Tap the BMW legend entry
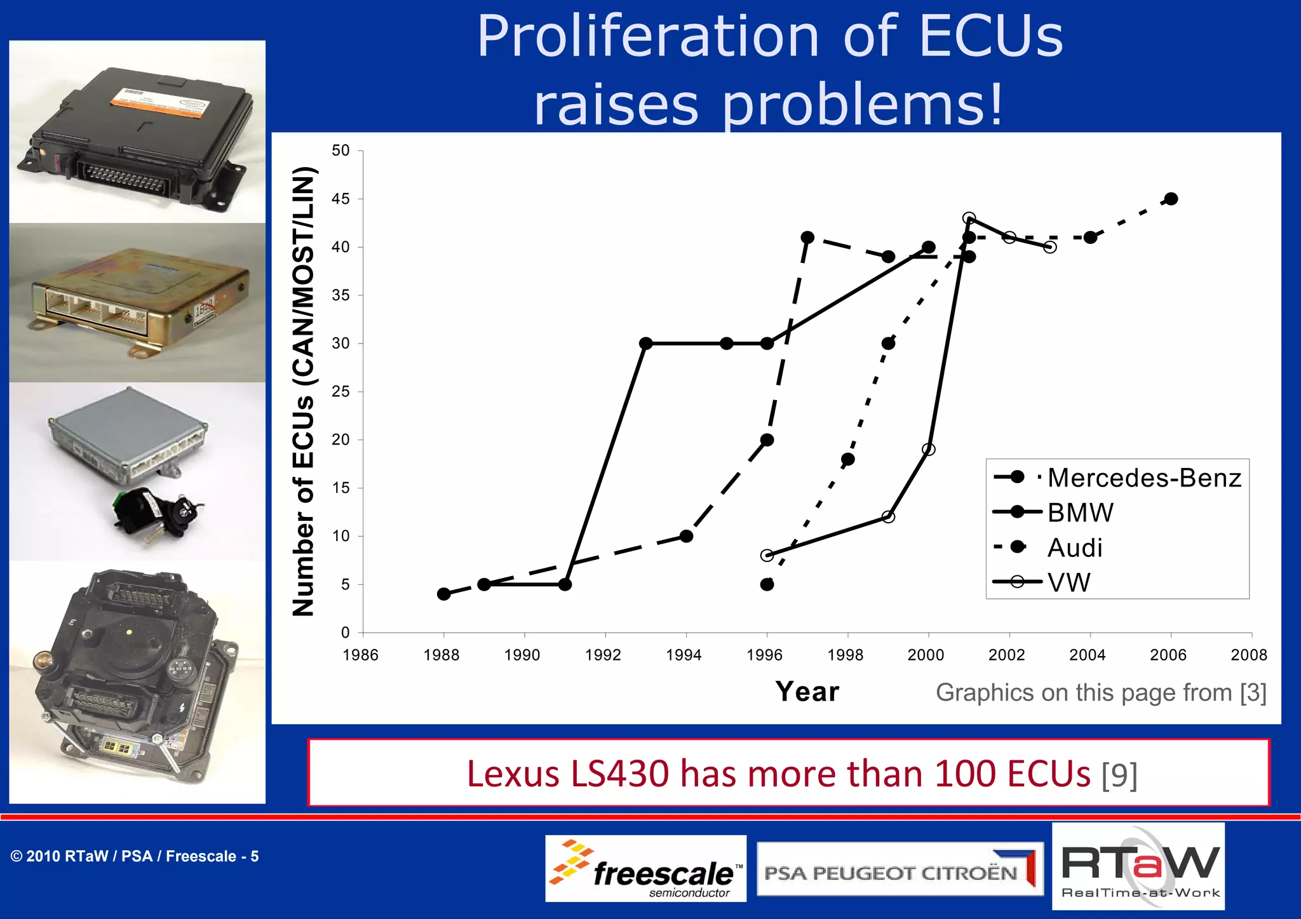point(1080,513)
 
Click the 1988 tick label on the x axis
point(441,654)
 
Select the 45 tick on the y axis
point(341,199)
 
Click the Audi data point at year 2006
point(1171,199)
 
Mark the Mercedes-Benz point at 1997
point(807,238)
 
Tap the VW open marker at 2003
point(1050,247)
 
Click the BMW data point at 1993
point(645,344)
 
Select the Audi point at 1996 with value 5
point(767,584)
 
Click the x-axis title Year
point(807,692)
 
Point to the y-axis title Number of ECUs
point(304,391)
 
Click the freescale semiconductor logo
point(645,869)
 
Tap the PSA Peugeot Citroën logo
point(900,869)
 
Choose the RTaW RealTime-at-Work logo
point(1138,867)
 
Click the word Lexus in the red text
point(513,774)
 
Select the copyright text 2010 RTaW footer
point(134,856)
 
